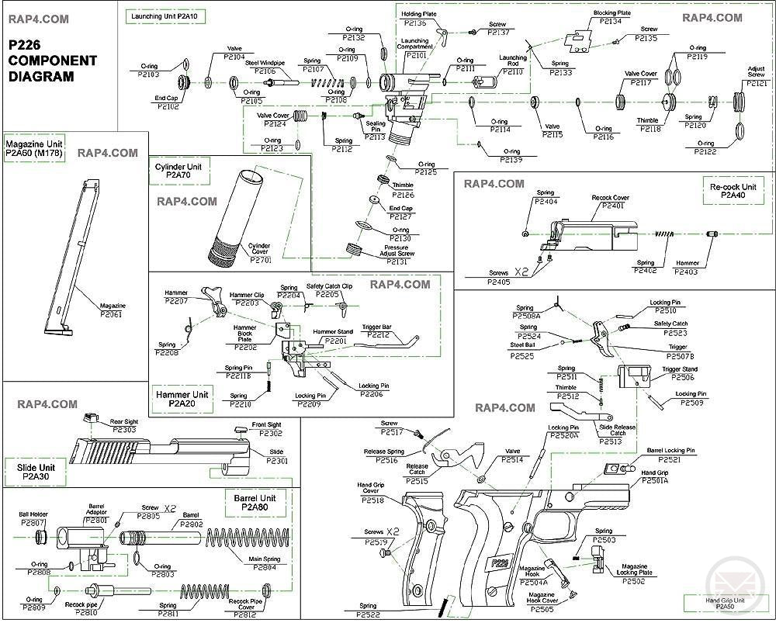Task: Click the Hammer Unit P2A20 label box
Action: pyautogui.click(x=182, y=400)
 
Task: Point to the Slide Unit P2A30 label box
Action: pyautogui.click(x=36, y=470)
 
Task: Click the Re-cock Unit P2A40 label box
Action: pyautogui.click(x=733, y=192)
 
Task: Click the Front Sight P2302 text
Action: pyautogui.click(x=266, y=429)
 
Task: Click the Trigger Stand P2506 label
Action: pyautogui.click(x=679, y=373)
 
